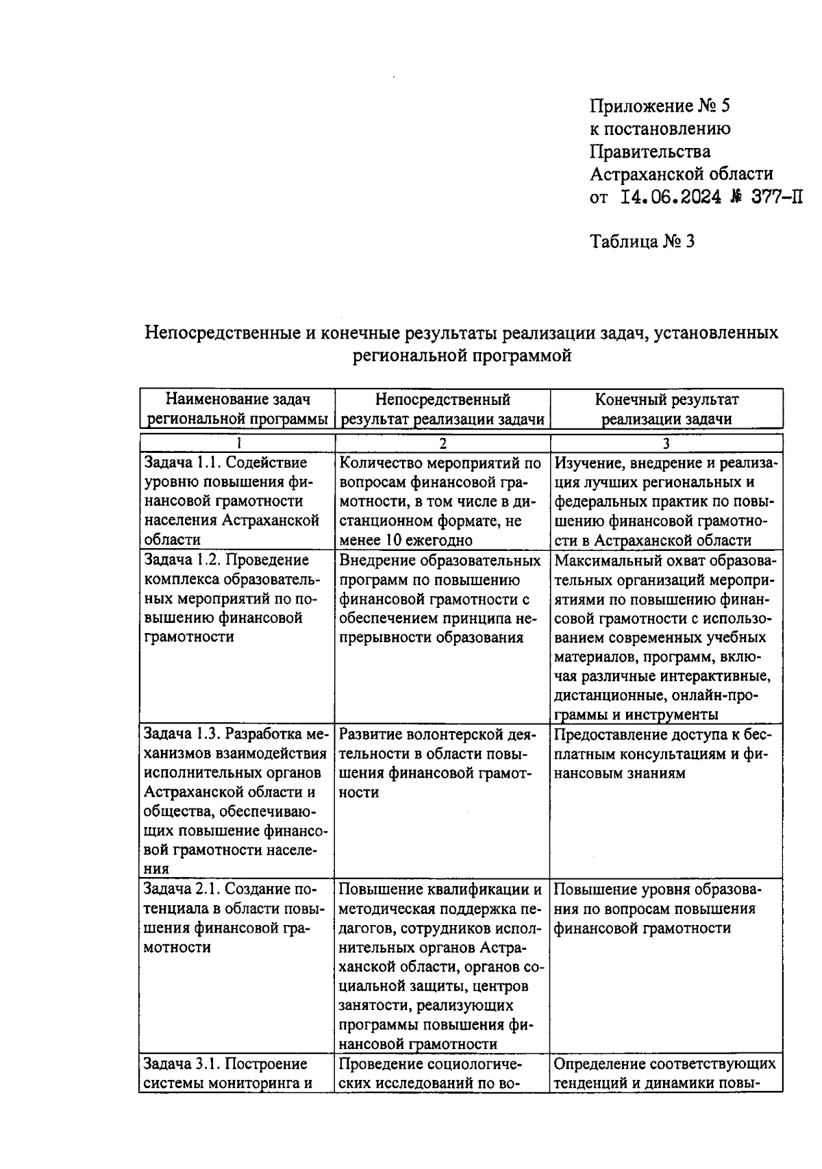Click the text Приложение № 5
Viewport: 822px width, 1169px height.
[x=660, y=106]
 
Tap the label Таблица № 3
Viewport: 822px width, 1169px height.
[x=642, y=241]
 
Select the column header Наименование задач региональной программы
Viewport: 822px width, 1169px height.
[x=237, y=409]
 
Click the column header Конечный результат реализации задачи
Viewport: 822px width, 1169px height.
[x=666, y=409]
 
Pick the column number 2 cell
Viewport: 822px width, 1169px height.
[x=443, y=443]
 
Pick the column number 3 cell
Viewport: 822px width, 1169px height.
[x=666, y=443]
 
